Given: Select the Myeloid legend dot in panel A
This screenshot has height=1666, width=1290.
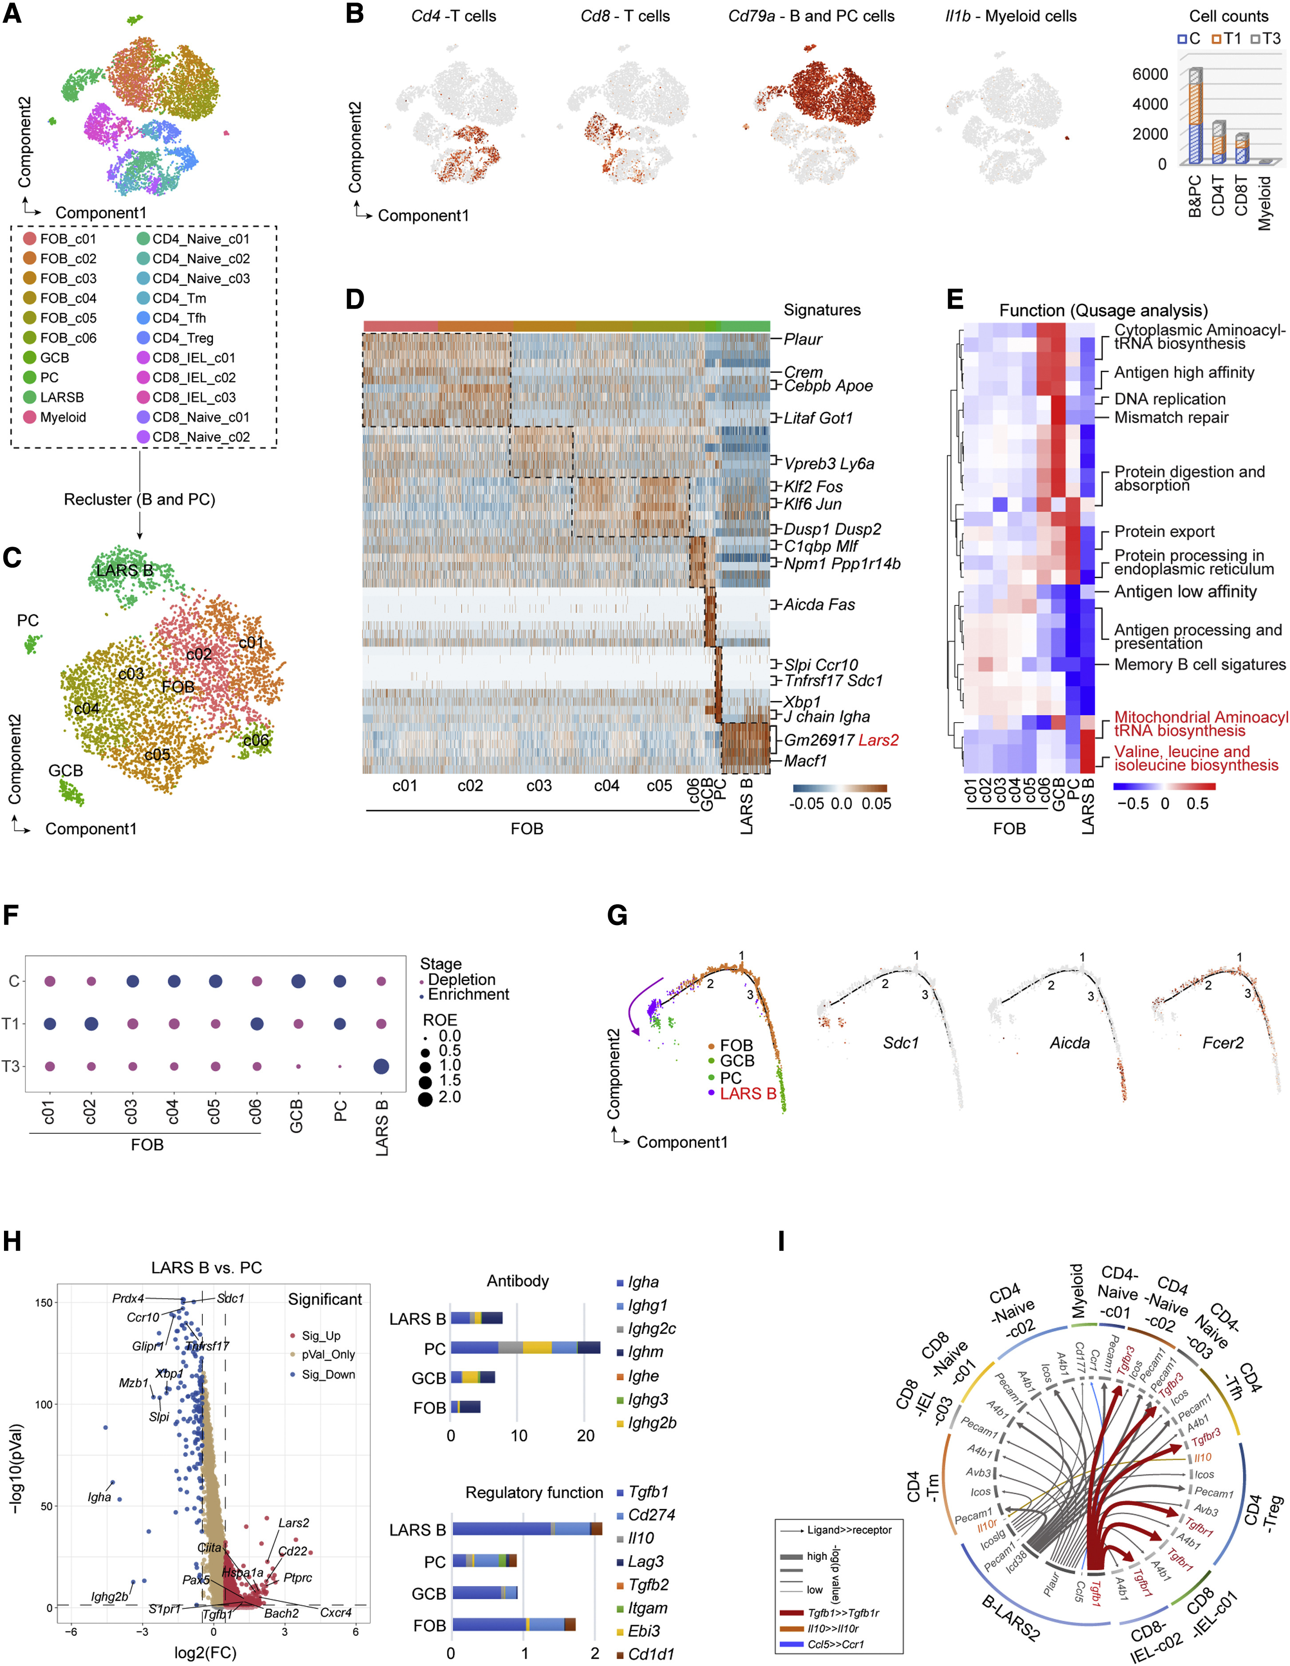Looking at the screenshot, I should [30, 417].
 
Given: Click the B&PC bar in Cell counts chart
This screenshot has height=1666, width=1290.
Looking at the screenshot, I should [1195, 115].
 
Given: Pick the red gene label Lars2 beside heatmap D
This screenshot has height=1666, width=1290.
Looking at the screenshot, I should [878, 740].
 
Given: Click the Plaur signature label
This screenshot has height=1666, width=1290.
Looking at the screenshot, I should [803, 339].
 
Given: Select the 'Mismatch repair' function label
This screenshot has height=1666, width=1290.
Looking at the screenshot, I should [1171, 417].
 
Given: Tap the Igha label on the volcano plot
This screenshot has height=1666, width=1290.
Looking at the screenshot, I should [99, 1497].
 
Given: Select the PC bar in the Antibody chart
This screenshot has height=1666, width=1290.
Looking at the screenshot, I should [525, 1348].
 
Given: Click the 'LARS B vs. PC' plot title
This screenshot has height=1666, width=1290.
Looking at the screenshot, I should [206, 1268].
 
